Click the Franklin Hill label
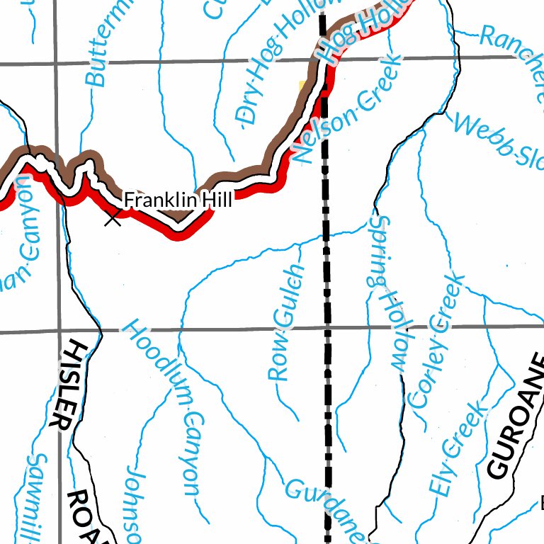pos(178,200)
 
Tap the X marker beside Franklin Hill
pos(113,218)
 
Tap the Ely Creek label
pos(458,447)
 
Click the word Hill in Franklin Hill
pos(217,200)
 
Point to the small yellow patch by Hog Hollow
pos(303,85)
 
